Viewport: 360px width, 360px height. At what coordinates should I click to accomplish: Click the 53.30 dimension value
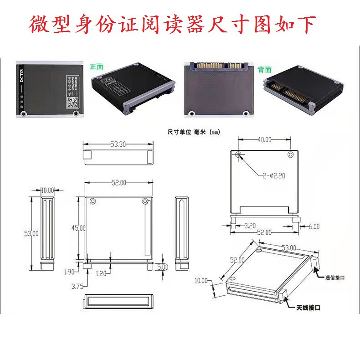coord(118,144)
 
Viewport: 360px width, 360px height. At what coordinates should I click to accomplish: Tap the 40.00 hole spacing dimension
coord(264,139)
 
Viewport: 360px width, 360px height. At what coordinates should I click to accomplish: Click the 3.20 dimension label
coord(249,226)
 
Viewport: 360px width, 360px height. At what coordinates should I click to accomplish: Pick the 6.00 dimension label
coord(314,226)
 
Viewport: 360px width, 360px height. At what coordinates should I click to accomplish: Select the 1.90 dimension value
coord(69,272)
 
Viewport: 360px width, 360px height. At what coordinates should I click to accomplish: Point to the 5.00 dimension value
coord(163,267)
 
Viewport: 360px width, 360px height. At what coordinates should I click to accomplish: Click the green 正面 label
coord(96,67)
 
